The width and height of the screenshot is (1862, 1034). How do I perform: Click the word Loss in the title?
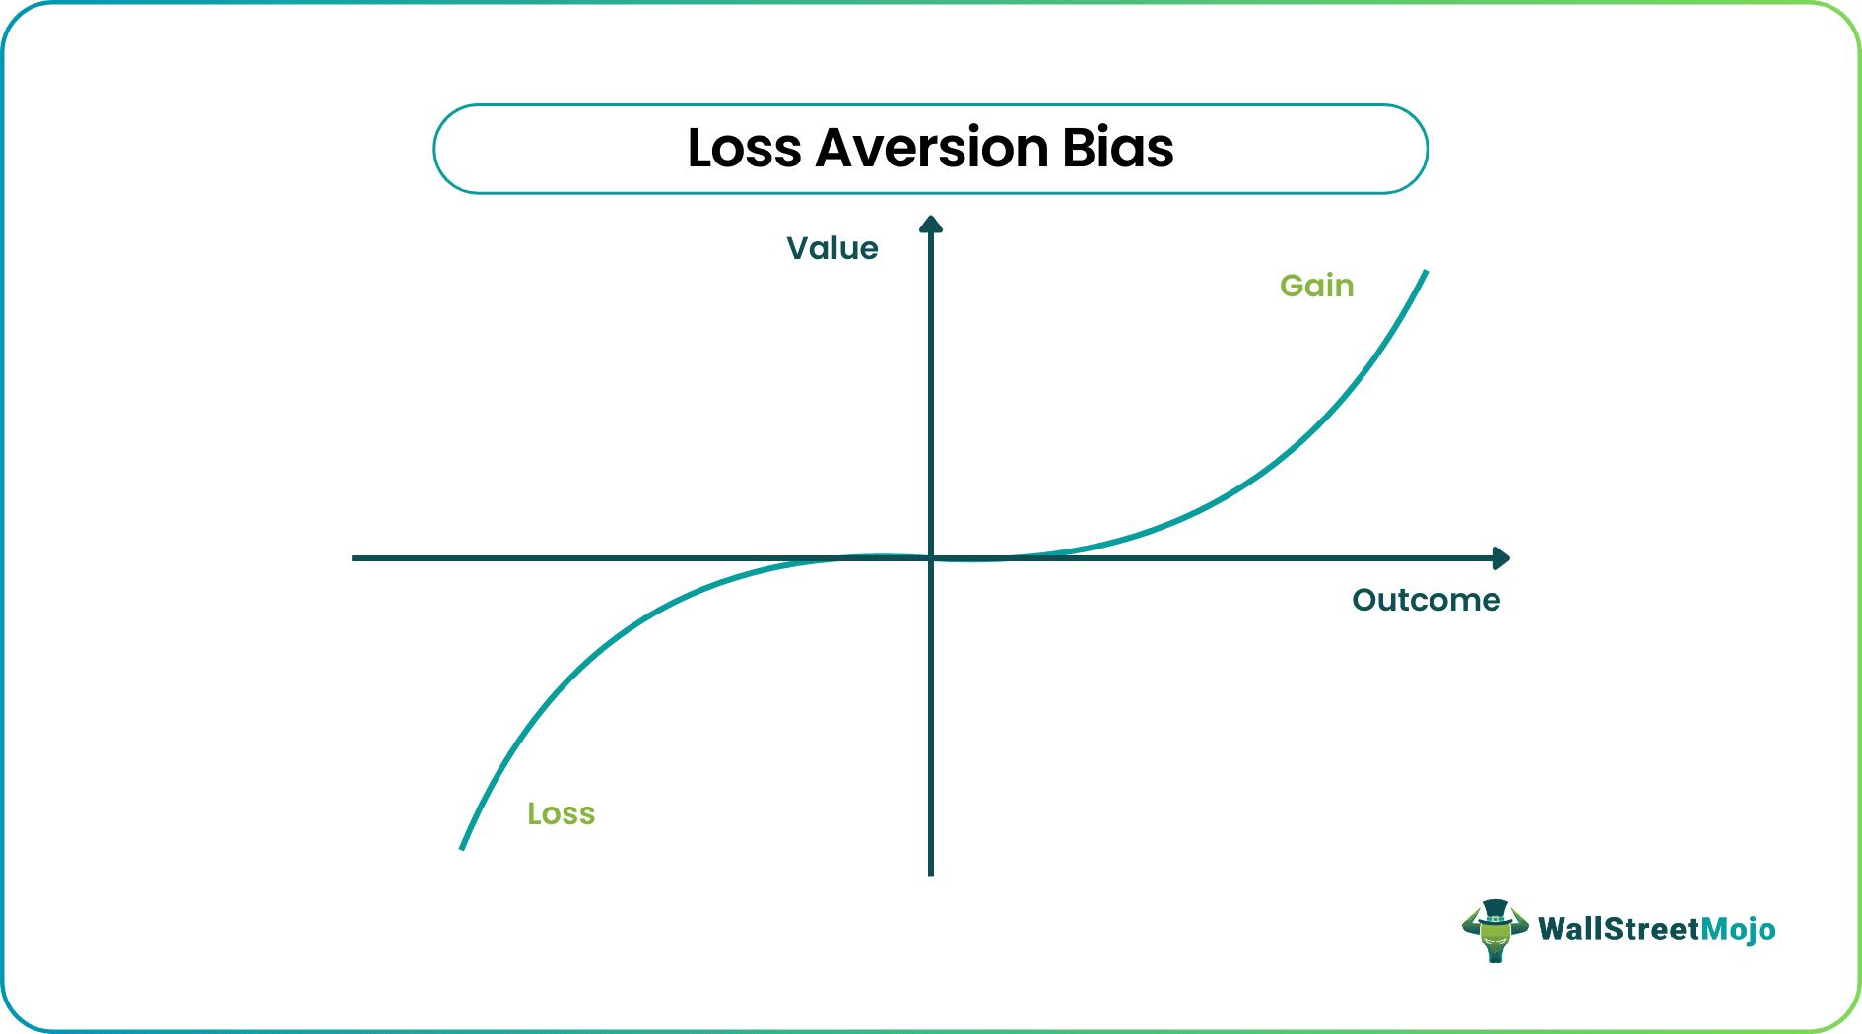click(x=745, y=149)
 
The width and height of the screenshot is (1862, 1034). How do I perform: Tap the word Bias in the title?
click(x=1118, y=149)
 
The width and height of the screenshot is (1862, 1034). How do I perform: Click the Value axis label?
click(x=832, y=248)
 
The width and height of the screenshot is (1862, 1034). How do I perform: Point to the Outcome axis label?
click(x=1426, y=600)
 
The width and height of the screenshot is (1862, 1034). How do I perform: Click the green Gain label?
click(x=1317, y=286)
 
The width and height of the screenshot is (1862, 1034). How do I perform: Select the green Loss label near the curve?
click(x=562, y=813)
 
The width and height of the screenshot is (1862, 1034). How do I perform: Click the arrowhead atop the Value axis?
click(x=931, y=224)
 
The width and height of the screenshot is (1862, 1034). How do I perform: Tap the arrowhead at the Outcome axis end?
click(x=1501, y=558)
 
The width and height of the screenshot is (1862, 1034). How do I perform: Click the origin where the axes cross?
click(x=931, y=558)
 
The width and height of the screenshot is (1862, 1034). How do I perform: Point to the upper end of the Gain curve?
click(x=1426, y=271)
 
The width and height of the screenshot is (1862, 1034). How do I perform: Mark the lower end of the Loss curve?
click(x=462, y=848)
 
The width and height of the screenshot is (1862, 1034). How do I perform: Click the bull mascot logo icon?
click(x=1496, y=931)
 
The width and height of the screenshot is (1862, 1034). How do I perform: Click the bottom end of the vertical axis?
click(x=931, y=875)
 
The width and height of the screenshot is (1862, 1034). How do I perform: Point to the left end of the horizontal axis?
click(x=353, y=558)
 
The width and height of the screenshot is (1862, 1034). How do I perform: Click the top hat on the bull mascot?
click(x=1496, y=911)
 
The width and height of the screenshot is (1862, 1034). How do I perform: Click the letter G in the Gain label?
click(x=1292, y=286)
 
